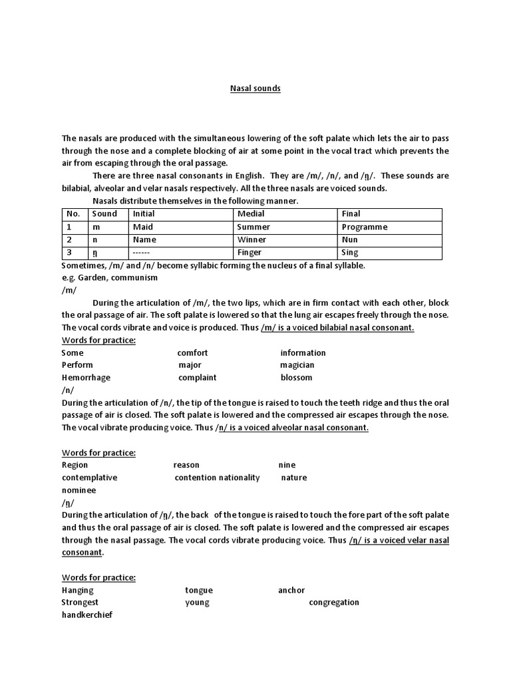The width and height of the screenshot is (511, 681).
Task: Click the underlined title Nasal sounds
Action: coord(255,88)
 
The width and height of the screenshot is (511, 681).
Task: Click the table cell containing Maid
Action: coord(142,227)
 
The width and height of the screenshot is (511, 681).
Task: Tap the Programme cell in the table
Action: coord(364,227)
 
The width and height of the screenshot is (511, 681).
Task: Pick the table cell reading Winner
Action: coord(250,239)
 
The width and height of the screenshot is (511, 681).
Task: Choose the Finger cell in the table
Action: coord(249,252)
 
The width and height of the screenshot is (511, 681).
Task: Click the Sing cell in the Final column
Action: coord(350,252)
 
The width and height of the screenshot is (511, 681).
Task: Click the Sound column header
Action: coord(104,213)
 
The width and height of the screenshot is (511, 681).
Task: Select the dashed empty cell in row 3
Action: coord(142,253)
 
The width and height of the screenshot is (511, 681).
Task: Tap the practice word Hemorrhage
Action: coord(86,378)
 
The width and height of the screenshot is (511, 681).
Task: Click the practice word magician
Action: coord(297,365)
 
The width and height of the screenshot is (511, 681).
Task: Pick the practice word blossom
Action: coord(296,378)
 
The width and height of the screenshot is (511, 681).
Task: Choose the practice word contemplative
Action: coord(89,477)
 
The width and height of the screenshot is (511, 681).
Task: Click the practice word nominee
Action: coord(79,490)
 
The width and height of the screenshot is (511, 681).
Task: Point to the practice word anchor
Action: coord(291,590)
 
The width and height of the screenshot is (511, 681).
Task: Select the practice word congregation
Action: coord(334,603)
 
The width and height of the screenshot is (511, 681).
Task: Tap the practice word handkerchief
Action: coord(86,615)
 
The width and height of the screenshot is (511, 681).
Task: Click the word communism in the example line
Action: coord(136,277)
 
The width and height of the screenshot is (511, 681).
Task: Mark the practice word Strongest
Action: coord(80,603)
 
